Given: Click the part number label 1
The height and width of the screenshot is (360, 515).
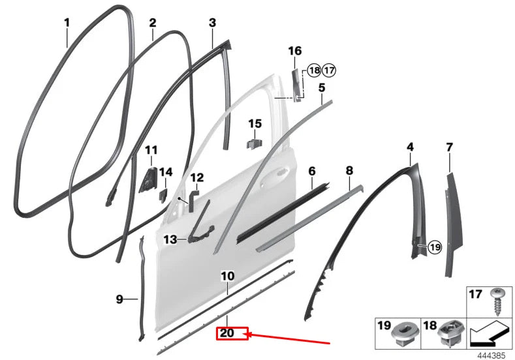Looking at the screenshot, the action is (67, 23).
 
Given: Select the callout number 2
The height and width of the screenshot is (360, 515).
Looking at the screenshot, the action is (153, 23).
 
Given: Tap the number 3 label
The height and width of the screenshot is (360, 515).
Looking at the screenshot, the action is (212, 23).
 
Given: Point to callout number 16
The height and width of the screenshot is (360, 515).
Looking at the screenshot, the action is (294, 51).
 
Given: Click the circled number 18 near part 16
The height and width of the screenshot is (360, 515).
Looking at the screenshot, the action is (314, 70).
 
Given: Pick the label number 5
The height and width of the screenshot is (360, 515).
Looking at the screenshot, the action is (322, 87).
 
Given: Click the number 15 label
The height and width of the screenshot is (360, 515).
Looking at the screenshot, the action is (255, 123).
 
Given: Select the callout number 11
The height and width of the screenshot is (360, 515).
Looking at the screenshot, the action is (151, 150).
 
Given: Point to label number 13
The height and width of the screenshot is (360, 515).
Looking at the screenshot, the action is (170, 240).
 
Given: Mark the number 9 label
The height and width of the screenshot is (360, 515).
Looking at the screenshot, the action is (119, 299).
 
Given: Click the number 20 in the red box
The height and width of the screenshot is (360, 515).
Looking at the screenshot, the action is (227, 334).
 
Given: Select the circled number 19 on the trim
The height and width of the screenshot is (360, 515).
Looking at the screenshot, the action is (435, 247).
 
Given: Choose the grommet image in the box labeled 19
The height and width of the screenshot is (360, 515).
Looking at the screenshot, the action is (401, 333).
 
